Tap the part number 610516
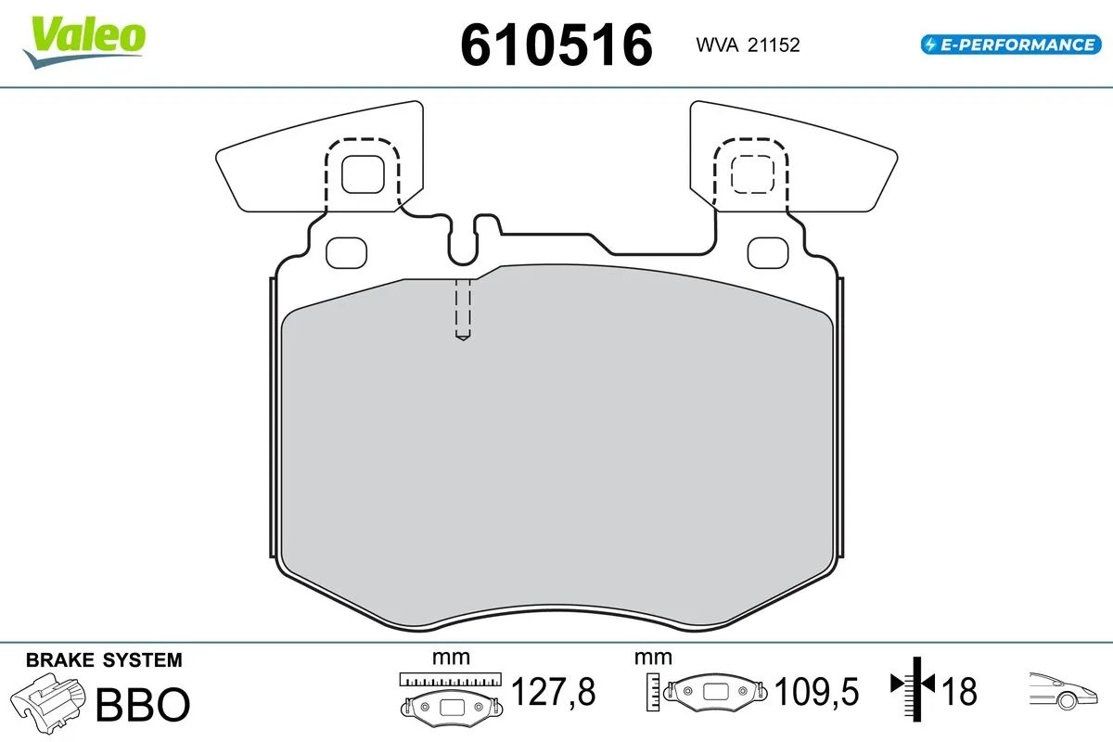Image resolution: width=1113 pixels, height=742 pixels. tap(556, 44)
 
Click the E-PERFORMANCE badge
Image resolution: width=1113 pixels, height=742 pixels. tap(1008, 45)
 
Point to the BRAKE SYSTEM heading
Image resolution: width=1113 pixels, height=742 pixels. tap(104, 660)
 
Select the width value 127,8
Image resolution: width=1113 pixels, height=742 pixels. tap(553, 692)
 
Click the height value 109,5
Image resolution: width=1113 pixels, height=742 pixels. tap(817, 692)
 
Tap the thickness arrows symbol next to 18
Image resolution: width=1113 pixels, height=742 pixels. tap(915, 687)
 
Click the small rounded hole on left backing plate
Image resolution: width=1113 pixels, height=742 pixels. tap(348, 250)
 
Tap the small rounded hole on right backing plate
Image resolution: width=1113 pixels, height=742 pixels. tap(766, 250)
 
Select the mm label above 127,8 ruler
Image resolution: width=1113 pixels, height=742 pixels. tap(451, 659)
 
